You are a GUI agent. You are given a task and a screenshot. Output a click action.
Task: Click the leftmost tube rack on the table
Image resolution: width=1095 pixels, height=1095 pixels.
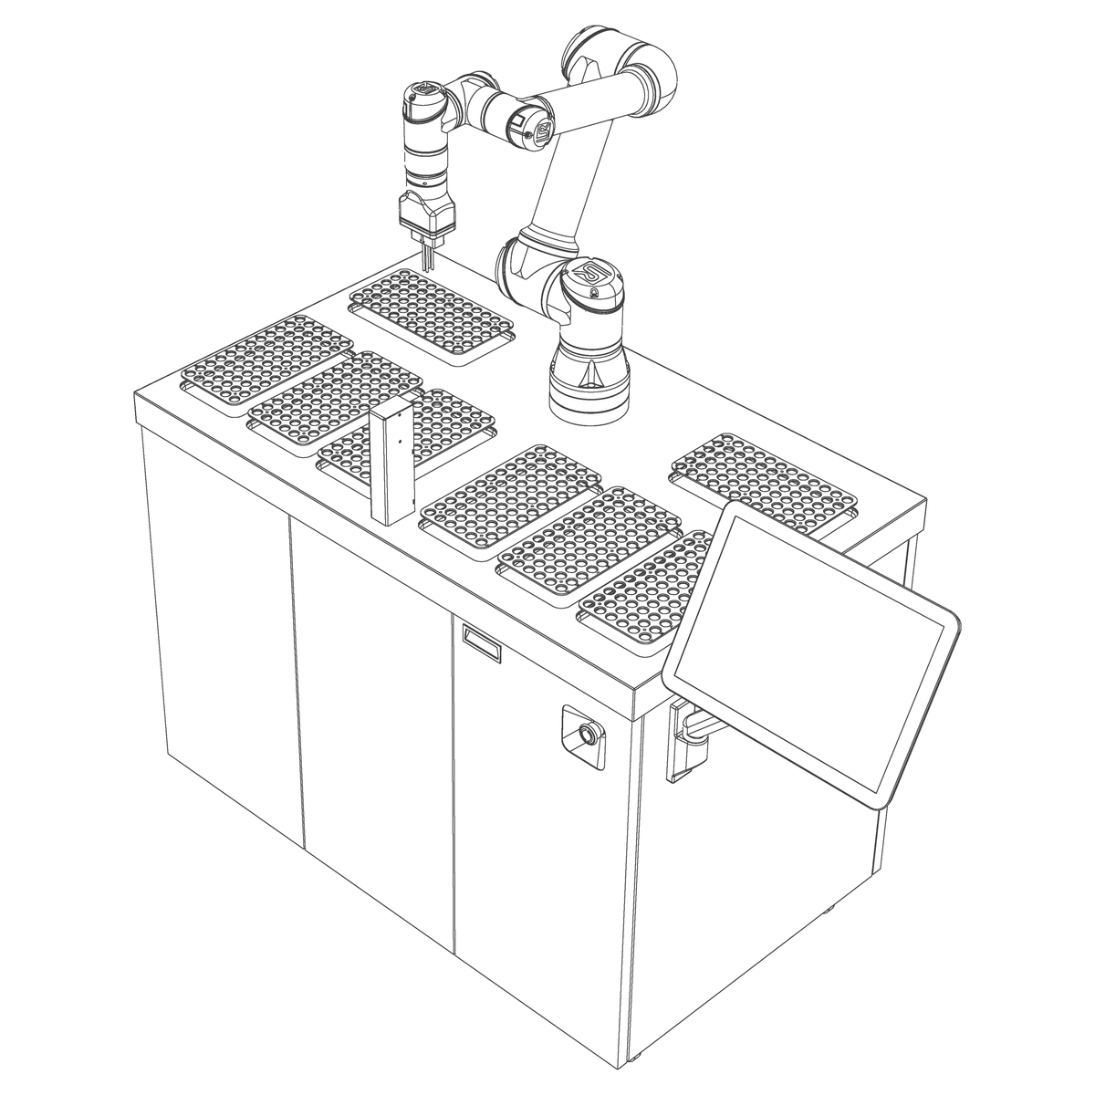point(266,360)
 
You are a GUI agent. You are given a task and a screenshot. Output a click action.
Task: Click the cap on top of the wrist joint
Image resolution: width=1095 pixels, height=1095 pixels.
point(424,91)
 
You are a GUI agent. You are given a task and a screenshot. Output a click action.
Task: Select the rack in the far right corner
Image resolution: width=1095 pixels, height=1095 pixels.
point(765,480)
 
